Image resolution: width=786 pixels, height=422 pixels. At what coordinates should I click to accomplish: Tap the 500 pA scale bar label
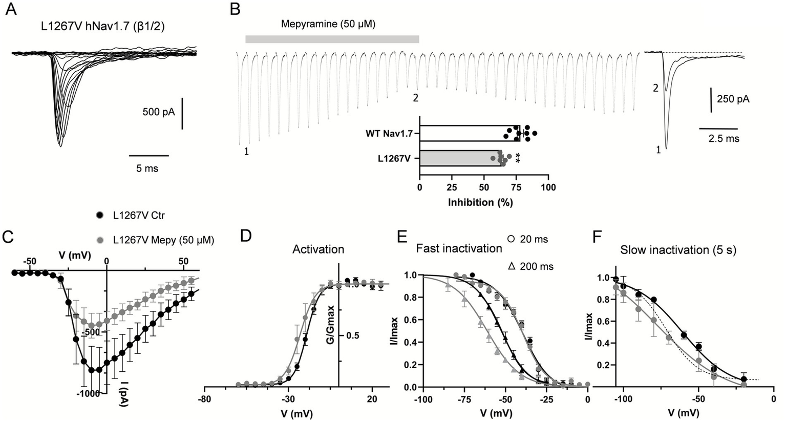click(159, 111)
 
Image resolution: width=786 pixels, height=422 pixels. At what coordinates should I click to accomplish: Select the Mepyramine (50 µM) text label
click(328, 24)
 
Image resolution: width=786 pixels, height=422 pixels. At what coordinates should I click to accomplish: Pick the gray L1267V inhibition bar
click(459, 158)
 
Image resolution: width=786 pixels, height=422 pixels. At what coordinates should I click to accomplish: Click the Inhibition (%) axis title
click(480, 202)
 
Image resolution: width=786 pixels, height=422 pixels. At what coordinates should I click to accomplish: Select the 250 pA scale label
click(733, 99)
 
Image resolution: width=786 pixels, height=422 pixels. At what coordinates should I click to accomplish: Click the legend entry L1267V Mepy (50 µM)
click(163, 239)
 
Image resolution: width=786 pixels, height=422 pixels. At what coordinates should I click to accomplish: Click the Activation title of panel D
click(318, 249)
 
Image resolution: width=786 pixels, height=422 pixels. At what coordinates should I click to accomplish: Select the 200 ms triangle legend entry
click(530, 266)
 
